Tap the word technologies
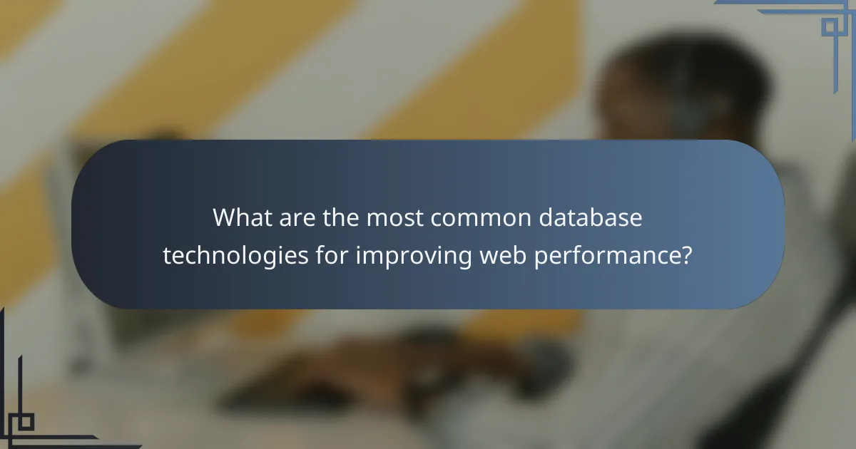click(x=235, y=256)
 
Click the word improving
click(x=414, y=256)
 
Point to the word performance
click(x=607, y=256)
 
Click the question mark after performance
click(x=687, y=255)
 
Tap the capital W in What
click(x=225, y=218)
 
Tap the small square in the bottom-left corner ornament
click(x=26, y=422)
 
